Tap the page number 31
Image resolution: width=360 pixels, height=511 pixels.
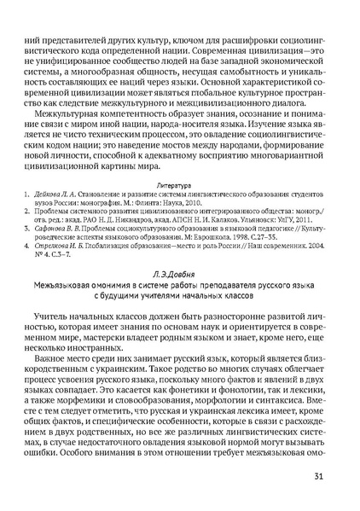tap(319, 476)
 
